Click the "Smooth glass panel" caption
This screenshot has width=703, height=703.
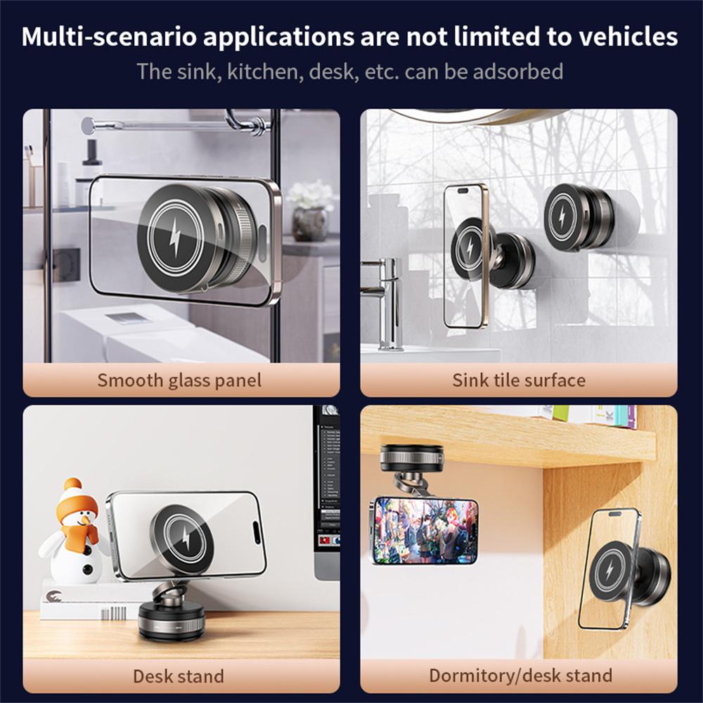tap(179, 380)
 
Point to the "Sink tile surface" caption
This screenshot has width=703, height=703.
tap(519, 380)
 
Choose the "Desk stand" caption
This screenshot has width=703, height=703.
tap(179, 676)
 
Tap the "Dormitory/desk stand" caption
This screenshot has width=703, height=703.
tap(520, 676)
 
